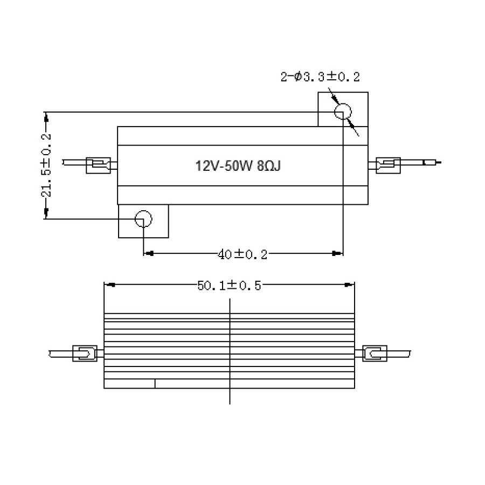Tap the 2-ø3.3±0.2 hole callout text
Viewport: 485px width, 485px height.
pyautogui.click(x=320, y=77)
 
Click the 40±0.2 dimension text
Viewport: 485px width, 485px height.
pyautogui.click(x=242, y=254)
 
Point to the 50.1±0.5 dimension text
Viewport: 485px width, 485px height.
pyautogui.click(x=229, y=286)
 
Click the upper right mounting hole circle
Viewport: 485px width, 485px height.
pyautogui.click(x=343, y=112)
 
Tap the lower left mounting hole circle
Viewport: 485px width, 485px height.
pyautogui.click(x=143, y=219)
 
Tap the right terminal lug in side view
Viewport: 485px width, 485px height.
pyautogui.click(x=375, y=354)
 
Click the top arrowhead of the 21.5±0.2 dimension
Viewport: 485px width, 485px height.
pyautogui.click(x=46, y=116)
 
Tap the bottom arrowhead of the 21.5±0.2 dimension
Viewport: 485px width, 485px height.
pyautogui.click(x=46, y=214)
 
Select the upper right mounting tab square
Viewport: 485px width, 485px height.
pyautogui.click(x=343, y=109)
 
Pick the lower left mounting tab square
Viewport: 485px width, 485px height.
pyautogui.click(x=143, y=221)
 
